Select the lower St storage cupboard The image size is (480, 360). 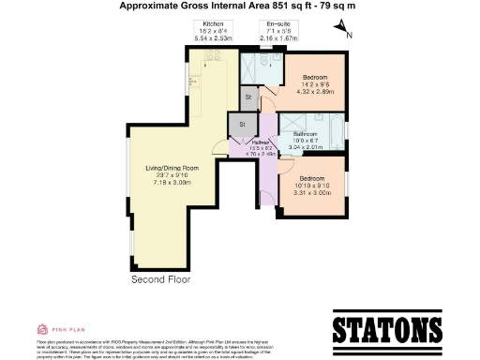pos(242,124)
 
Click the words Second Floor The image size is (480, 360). pos(161,278)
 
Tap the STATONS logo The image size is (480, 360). pos(387,330)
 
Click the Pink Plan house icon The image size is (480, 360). pos(42,329)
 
